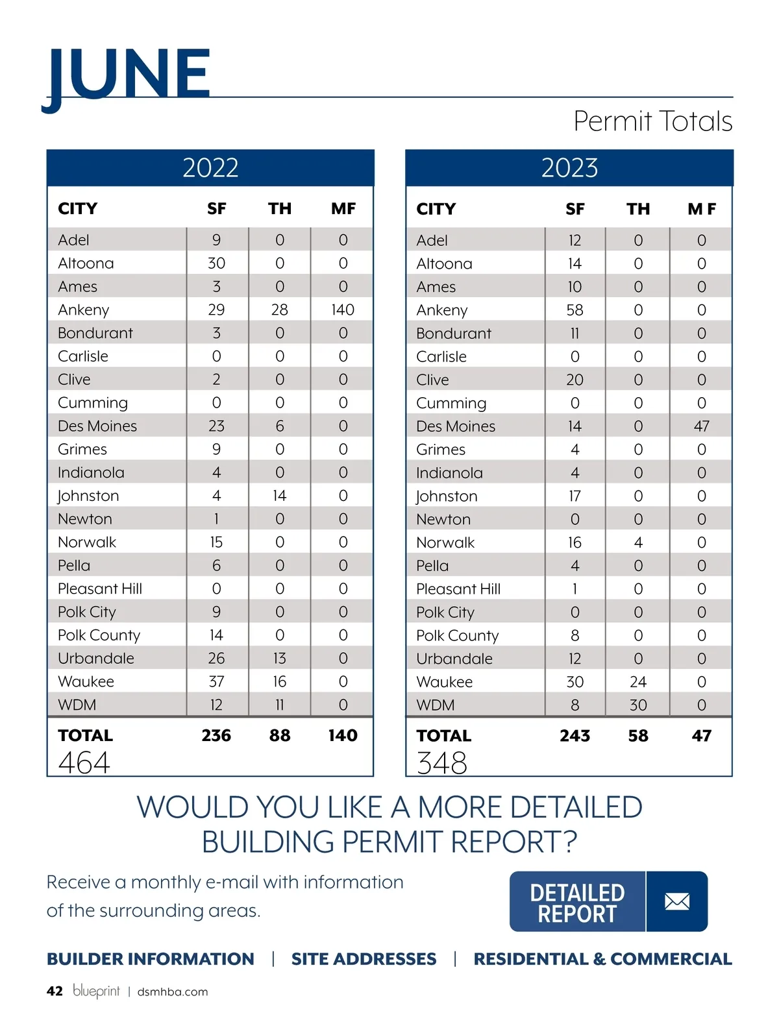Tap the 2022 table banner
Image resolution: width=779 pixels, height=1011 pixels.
[210, 168]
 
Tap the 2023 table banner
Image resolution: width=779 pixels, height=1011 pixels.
[569, 168]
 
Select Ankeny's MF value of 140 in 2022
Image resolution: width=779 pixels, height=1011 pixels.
[343, 310]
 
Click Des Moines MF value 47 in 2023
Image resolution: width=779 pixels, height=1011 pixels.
[701, 426]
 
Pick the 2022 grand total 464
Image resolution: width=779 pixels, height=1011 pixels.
[84, 762]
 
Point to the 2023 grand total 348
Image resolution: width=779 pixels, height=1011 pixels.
[442, 762]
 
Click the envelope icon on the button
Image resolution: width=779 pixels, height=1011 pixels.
[677, 901]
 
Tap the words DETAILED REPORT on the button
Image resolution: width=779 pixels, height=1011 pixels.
[577, 903]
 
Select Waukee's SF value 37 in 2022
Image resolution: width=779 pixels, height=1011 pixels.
[216, 681]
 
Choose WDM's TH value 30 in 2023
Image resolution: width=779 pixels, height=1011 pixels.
[638, 705]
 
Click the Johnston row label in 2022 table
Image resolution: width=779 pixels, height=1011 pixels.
[88, 496]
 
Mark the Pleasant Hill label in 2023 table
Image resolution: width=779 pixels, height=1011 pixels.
[458, 589]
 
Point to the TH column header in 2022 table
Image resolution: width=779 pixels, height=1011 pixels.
[280, 209]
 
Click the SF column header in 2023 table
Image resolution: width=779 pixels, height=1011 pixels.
[575, 209]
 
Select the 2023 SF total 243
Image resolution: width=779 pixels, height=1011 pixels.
[575, 736]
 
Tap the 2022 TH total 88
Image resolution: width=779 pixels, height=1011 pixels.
[280, 735]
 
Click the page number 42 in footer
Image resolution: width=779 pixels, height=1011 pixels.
[55, 991]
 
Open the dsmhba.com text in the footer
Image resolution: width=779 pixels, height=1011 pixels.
[173, 992]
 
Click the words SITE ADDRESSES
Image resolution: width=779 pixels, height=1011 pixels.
[364, 959]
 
